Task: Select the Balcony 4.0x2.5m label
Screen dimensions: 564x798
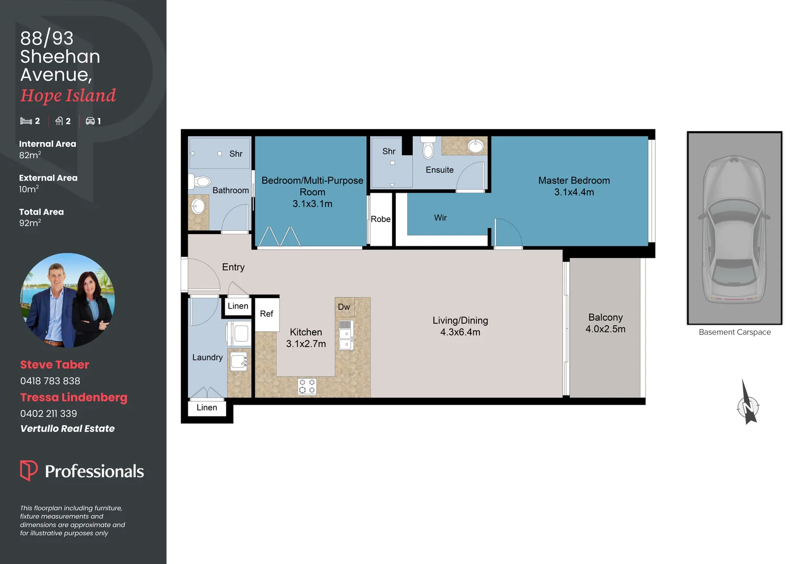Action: click(x=605, y=323)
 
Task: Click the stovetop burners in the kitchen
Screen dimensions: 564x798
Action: click(x=307, y=386)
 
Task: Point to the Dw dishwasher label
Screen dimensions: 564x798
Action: click(x=344, y=307)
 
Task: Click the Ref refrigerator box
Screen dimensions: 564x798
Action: click(x=267, y=314)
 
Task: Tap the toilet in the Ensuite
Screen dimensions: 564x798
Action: click(x=428, y=149)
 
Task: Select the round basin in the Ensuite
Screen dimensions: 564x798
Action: click(x=475, y=146)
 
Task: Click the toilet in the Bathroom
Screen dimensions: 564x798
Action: click(x=199, y=182)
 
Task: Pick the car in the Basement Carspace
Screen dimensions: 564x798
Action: click(x=734, y=229)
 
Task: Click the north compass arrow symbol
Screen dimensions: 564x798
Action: click(x=748, y=403)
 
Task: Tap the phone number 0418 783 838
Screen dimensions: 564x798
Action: click(x=50, y=381)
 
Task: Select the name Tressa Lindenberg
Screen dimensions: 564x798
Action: click(x=74, y=397)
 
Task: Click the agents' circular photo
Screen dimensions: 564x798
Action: click(x=67, y=300)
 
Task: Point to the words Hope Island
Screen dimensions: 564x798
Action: click(x=68, y=96)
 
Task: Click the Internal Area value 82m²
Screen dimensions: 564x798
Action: click(x=30, y=155)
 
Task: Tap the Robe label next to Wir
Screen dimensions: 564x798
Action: click(x=381, y=219)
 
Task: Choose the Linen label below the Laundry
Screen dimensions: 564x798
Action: click(x=207, y=408)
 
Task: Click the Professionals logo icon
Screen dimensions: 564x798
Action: click(x=29, y=471)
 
